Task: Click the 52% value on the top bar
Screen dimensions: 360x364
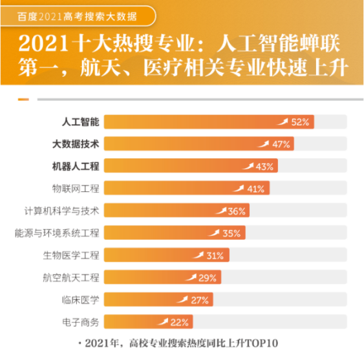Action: (x=301, y=122)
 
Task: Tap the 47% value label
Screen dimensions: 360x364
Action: (x=281, y=144)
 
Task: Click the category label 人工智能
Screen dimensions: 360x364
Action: (x=80, y=122)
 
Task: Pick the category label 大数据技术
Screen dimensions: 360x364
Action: (x=76, y=144)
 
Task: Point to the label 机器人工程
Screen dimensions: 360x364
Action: (x=76, y=166)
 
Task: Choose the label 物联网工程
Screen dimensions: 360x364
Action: (x=76, y=189)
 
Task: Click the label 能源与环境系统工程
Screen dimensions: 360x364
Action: (x=58, y=233)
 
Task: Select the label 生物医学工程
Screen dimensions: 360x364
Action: (x=71, y=255)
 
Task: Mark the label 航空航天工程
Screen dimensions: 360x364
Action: (x=71, y=277)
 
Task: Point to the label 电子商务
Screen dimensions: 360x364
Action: (x=80, y=322)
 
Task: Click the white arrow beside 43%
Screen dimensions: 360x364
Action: (x=248, y=166)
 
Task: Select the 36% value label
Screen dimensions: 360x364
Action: (x=237, y=211)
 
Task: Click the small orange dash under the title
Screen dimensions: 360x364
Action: (x=23, y=100)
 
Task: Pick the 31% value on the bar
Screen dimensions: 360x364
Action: (x=214, y=255)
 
